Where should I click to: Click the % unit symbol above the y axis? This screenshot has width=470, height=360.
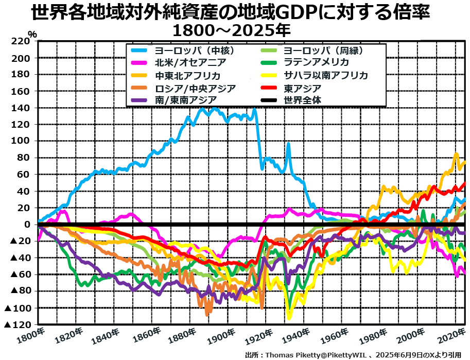point(32,35)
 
